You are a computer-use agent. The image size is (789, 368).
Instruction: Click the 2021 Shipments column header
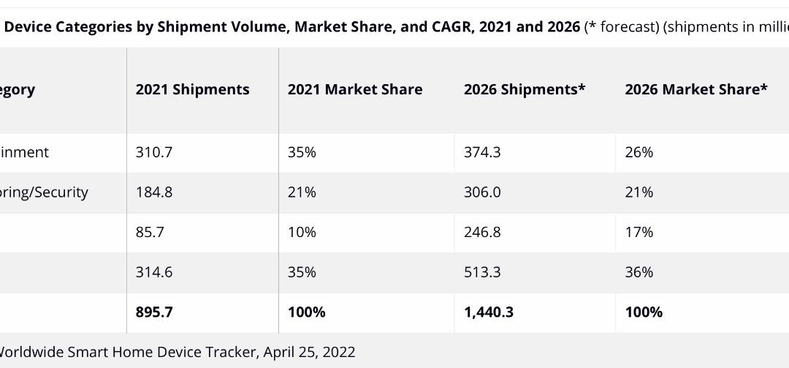pyautogui.click(x=192, y=90)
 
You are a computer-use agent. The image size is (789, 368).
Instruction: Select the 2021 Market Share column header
pyautogui.click(x=355, y=90)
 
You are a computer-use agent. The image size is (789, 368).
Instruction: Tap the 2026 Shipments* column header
pyautogui.click(x=525, y=90)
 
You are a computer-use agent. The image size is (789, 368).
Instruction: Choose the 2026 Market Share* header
pyautogui.click(x=696, y=90)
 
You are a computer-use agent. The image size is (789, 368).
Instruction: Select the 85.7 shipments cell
pyautogui.click(x=149, y=232)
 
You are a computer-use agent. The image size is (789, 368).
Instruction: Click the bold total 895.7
pyautogui.click(x=154, y=312)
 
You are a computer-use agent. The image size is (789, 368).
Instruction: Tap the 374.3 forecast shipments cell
pyautogui.click(x=481, y=152)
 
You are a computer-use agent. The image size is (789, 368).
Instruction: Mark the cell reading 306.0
pyautogui.click(x=481, y=192)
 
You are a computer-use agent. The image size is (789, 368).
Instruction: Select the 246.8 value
pyautogui.click(x=481, y=232)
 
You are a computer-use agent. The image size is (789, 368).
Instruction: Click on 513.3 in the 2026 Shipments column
pyautogui.click(x=481, y=272)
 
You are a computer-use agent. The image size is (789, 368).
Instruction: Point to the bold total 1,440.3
pyautogui.click(x=489, y=312)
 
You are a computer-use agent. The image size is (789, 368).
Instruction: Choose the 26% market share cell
pyautogui.click(x=639, y=152)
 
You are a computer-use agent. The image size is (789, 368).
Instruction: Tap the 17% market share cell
pyautogui.click(x=639, y=232)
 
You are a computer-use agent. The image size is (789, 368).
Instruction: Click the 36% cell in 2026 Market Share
pyautogui.click(x=639, y=272)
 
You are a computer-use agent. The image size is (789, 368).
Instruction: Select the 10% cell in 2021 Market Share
pyautogui.click(x=302, y=232)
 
